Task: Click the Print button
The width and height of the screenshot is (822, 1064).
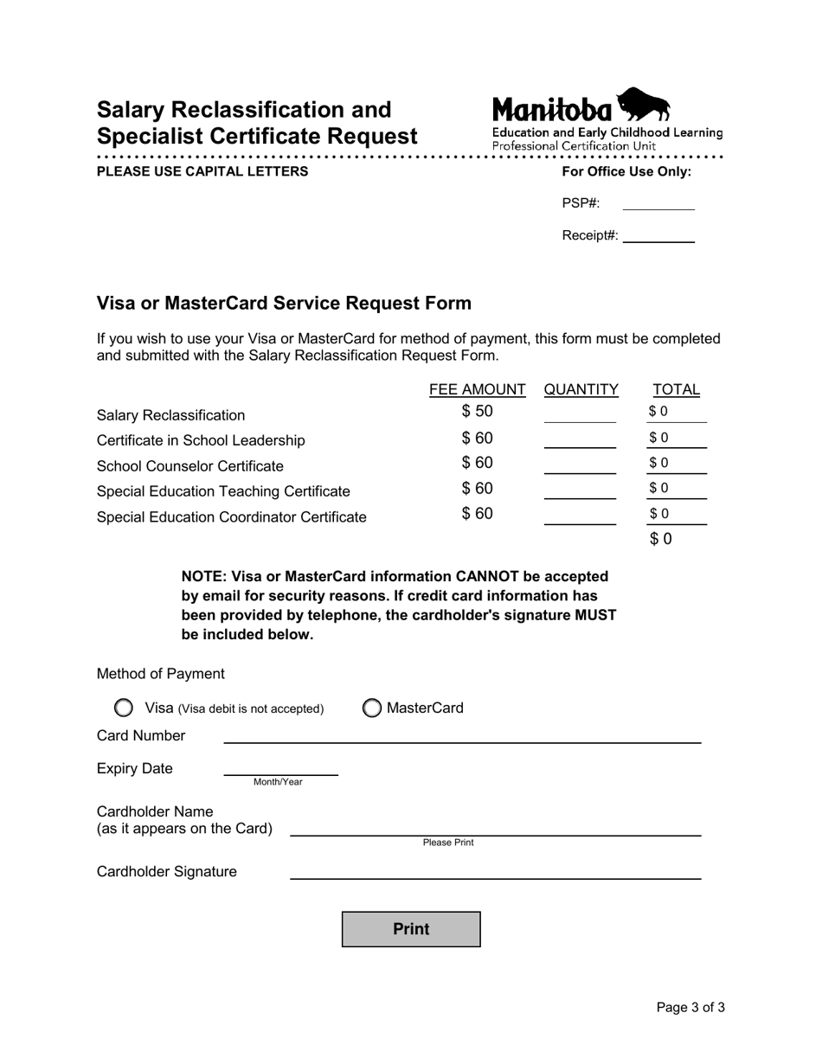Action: pyautogui.click(x=411, y=929)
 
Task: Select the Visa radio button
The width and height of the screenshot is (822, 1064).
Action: pyautogui.click(x=124, y=708)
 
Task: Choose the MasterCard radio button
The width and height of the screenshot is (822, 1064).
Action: pyautogui.click(x=371, y=708)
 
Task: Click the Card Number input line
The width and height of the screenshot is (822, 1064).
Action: pyautogui.click(x=462, y=735)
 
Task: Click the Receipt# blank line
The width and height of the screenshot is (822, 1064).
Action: pyautogui.click(x=658, y=236)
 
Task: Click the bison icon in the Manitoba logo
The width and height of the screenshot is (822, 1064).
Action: pyautogui.click(x=644, y=105)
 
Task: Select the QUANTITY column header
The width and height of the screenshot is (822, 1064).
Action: pyautogui.click(x=581, y=390)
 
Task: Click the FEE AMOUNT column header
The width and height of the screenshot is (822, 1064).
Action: pyautogui.click(x=478, y=390)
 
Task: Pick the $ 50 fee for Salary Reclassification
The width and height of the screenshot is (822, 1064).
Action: pyautogui.click(x=477, y=412)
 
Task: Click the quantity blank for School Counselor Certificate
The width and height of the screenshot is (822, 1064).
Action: pyautogui.click(x=580, y=465)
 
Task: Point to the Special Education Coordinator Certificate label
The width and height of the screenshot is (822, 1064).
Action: pyautogui.click(x=232, y=517)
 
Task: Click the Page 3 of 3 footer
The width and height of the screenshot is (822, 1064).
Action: pyautogui.click(x=690, y=1007)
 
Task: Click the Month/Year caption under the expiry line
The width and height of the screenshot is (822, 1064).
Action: pyautogui.click(x=278, y=782)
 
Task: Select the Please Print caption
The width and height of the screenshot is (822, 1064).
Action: pyautogui.click(x=448, y=843)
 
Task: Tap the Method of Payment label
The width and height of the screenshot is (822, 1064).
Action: pyautogui.click(x=161, y=674)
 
